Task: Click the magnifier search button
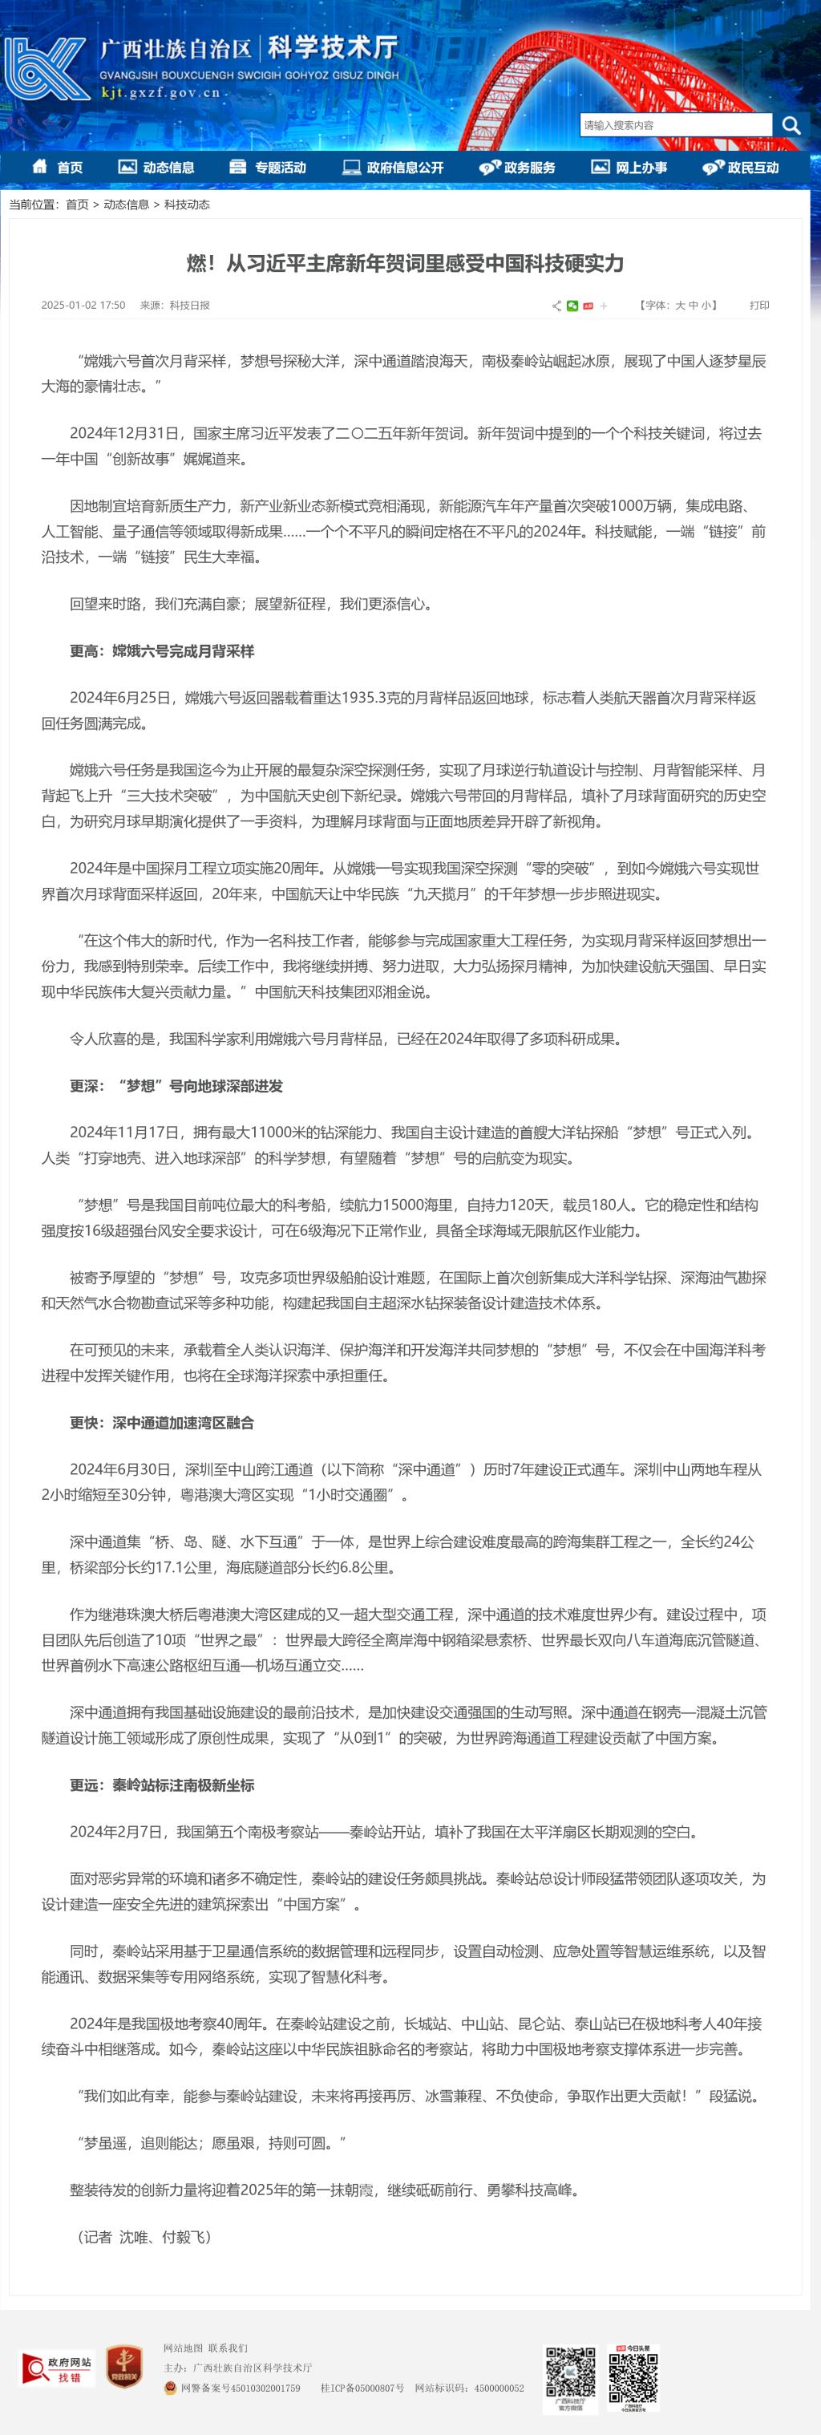tap(791, 125)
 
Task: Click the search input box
tap(676, 125)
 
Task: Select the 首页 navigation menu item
tap(58, 168)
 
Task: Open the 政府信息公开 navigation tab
tap(393, 168)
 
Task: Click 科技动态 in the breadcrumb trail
tap(187, 205)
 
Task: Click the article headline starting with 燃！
tap(406, 263)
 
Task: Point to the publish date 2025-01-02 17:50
tap(83, 306)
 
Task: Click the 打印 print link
tap(758, 306)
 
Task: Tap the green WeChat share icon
tap(572, 306)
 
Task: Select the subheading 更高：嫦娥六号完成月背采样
tap(162, 651)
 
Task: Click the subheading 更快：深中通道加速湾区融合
tap(162, 1423)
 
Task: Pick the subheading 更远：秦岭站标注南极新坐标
tap(162, 1785)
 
